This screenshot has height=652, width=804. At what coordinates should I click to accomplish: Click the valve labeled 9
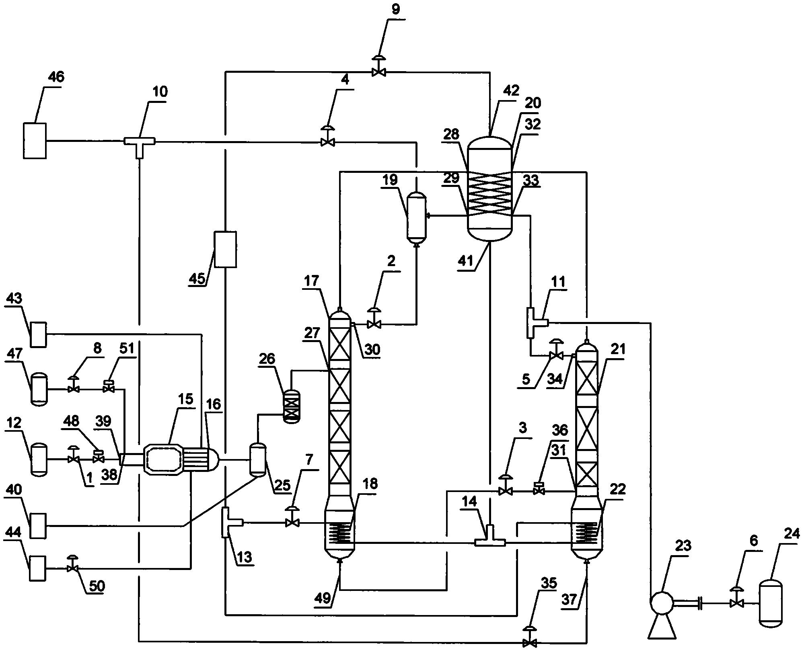click(378, 72)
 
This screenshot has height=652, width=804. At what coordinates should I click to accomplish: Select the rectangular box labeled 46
click(35, 141)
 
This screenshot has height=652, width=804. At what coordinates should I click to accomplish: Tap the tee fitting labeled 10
click(139, 141)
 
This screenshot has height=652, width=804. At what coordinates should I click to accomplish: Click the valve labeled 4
click(328, 141)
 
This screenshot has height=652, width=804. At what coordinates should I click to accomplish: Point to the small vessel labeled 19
click(417, 217)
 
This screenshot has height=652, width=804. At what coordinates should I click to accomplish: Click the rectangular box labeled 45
click(225, 249)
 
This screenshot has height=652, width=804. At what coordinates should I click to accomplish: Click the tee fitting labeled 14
click(490, 541)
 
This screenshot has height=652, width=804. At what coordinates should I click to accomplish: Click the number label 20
click(533, 103)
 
